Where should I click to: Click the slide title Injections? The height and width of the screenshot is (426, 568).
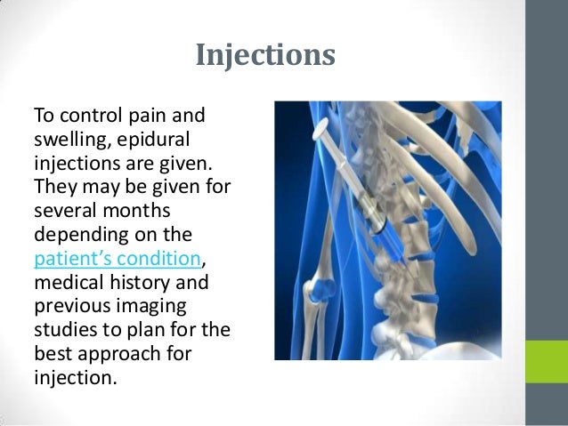(x=264, y=56)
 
